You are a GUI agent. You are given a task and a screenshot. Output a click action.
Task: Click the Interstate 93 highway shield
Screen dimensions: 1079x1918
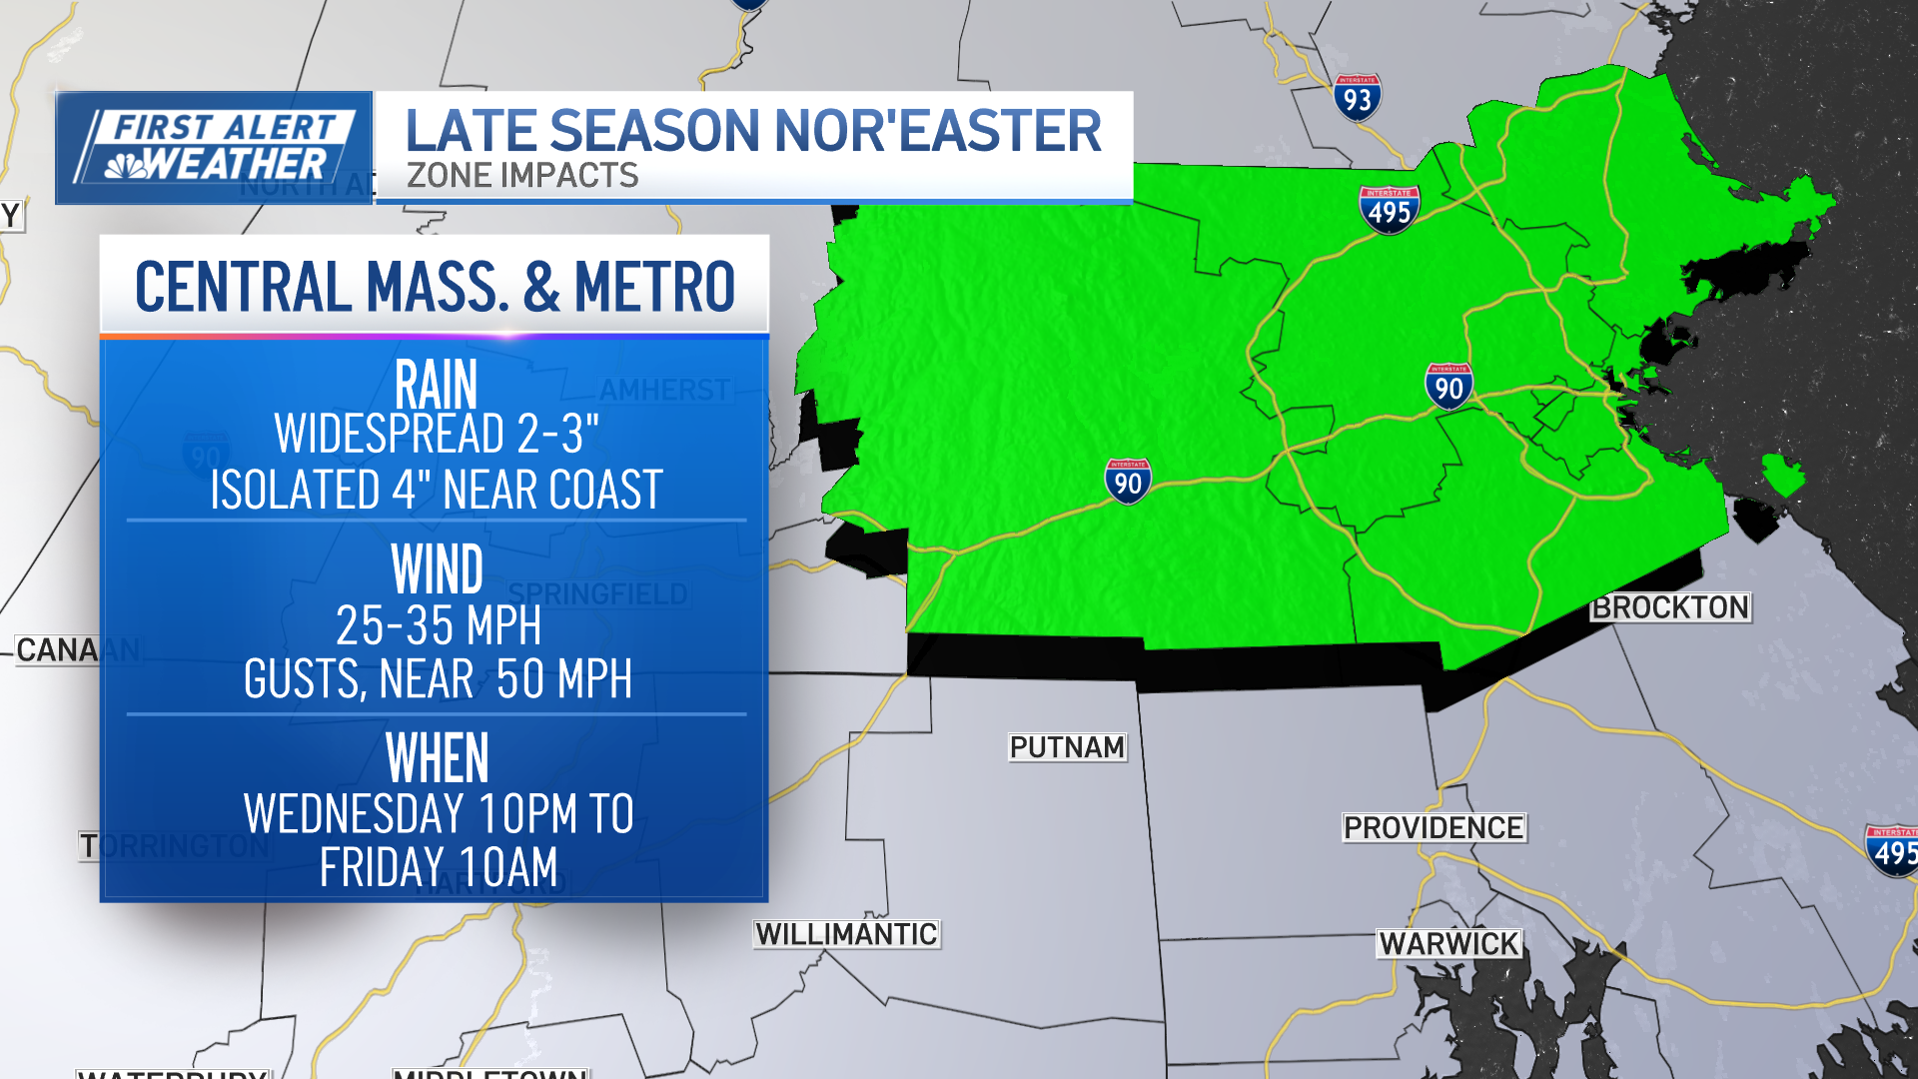[x=1357, y=98]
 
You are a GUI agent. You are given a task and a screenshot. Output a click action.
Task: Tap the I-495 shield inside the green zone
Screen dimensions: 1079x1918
[x=1389, y=210]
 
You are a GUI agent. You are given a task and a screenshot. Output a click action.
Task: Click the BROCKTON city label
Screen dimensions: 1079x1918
[x=1670, y=607]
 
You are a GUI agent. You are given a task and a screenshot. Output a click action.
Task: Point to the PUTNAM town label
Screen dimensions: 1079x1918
[x=1067, y=747]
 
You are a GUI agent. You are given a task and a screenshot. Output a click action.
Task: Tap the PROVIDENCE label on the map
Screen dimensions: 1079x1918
[x=1434, y=828]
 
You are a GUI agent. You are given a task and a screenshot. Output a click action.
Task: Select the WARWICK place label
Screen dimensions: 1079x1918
[x=1448, y=944]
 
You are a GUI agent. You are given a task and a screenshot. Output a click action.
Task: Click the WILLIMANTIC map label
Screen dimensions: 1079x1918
[x=846, y=934]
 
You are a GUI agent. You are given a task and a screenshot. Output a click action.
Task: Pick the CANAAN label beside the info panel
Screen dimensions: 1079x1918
[x=58, y=650]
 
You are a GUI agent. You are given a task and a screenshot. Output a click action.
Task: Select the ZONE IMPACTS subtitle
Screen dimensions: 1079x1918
[x=522, y=176]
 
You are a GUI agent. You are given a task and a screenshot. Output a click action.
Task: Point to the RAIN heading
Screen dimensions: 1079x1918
[x=437, y=384]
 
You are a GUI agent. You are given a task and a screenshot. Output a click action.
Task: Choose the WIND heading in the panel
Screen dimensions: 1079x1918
[x=437, y=569]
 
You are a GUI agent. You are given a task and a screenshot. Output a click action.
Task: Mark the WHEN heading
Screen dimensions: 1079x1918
[x=437, y=758]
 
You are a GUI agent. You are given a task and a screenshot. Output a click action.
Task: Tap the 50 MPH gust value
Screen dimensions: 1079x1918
[x=563, y=679]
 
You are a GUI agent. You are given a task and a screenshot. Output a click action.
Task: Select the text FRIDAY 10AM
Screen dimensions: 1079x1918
[x=439, y=867]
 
